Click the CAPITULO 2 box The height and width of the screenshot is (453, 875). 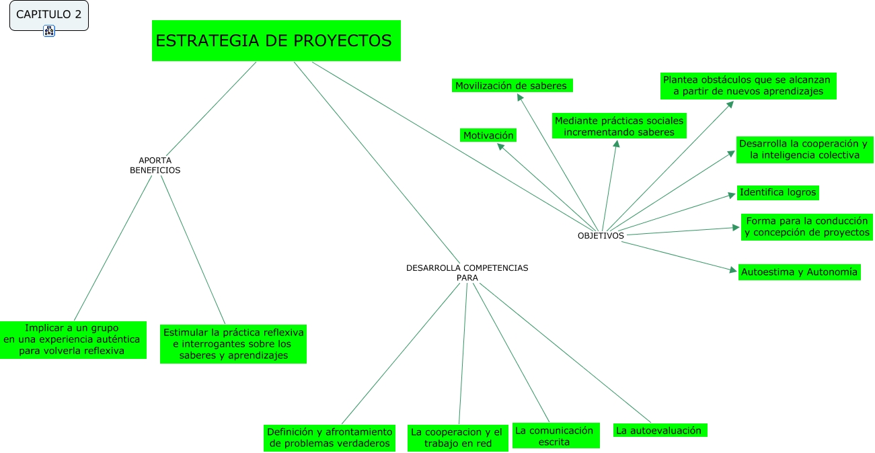pos(48,15)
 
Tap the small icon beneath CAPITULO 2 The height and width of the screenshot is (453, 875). pos(49,30)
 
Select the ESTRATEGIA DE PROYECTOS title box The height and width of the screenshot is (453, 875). pos(276,41)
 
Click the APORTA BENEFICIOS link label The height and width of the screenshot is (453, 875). pos(155,165)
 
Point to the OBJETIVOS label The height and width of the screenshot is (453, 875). pos(601,236)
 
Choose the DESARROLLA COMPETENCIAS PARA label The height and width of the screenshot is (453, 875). pos(467,272)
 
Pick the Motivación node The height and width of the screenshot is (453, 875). pos(488,135)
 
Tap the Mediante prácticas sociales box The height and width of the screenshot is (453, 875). pos(619,126)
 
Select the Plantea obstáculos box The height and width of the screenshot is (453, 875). pos(747,85)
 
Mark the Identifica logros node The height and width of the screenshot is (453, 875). pos(778,192)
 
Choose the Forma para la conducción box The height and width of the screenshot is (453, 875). pos(807,226)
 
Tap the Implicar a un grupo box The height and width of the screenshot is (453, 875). pos(73,339)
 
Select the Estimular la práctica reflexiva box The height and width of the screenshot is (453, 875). pos(233,343)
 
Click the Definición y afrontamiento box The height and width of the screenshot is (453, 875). pos(330,438)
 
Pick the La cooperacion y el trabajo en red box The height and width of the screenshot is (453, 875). pos(457,438)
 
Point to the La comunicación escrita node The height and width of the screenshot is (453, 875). pos(554,436)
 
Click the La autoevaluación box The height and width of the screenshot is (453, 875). pos(659,430)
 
